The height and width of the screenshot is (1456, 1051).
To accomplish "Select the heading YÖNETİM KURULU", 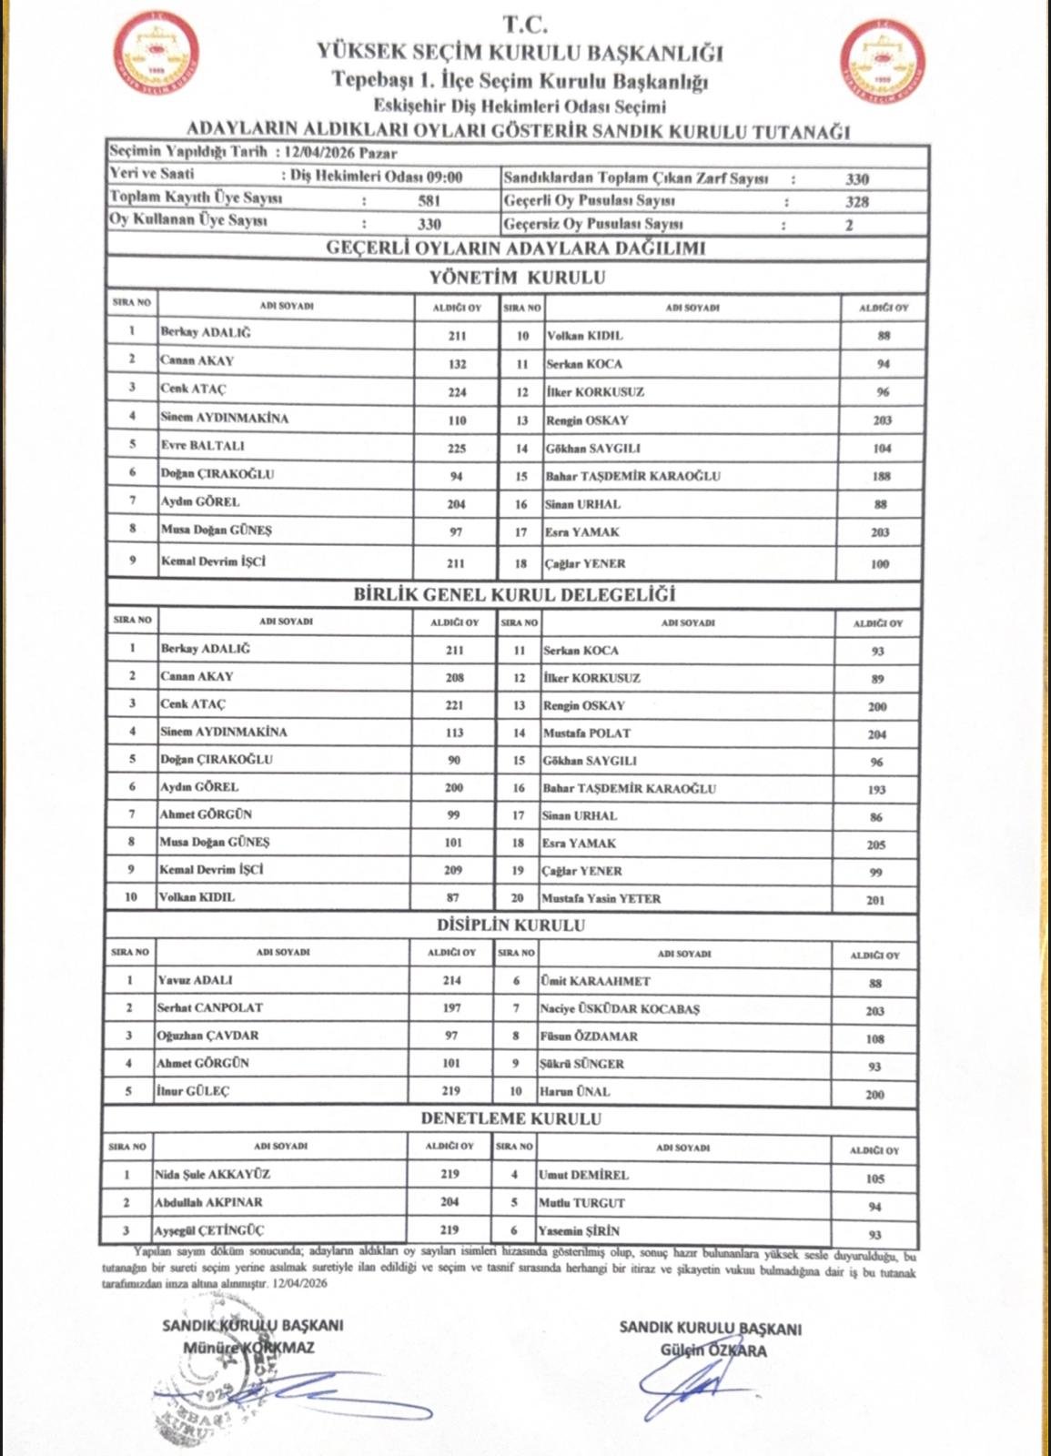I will (517, 278).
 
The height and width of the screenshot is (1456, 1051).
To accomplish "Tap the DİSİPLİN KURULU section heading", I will (510, 925).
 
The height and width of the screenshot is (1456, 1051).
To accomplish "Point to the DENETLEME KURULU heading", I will (510, 1118).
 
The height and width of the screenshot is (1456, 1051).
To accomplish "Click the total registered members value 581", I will (429, 200).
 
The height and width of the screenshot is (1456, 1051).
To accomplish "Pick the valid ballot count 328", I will (856, 202).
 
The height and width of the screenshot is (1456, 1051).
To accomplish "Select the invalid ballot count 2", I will (849, 225).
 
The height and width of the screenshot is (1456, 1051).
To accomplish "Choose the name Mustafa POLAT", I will (586, 733).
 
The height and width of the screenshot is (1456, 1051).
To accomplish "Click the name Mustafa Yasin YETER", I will (601, 898).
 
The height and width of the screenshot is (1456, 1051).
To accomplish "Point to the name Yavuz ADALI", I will (196, 980).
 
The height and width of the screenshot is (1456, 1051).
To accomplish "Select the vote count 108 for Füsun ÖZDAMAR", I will (874, 1038).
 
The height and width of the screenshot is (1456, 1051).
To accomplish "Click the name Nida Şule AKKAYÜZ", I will (213, 1175).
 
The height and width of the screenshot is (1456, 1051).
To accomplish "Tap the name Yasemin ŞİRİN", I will (579, 1230).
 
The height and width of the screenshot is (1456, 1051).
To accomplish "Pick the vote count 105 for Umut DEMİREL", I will (874, 1178).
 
